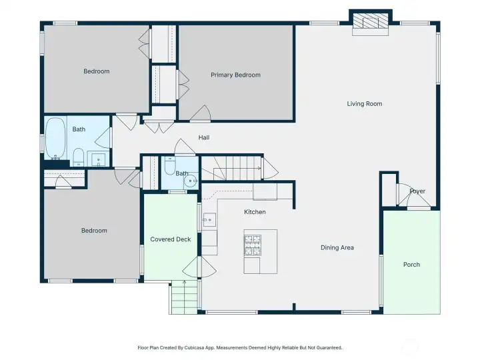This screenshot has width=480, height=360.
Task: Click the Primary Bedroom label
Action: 235,75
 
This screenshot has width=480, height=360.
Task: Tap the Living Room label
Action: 364,104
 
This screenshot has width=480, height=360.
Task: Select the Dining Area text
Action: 337,247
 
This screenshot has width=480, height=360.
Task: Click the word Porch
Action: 411,265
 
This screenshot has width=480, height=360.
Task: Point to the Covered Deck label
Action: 171,239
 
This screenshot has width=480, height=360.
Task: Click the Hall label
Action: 204,137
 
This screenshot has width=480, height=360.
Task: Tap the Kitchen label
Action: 255,212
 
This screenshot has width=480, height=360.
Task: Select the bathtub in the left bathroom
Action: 55,139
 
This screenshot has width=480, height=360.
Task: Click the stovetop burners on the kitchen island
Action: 253,245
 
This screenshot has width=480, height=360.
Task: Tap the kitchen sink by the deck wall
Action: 209,220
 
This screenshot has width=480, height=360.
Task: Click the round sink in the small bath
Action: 191,181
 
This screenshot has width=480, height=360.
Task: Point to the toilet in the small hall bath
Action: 170,165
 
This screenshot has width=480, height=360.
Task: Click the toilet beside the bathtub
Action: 79,157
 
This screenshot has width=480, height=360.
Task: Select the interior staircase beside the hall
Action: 231,168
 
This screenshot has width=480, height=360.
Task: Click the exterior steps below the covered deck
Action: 184,297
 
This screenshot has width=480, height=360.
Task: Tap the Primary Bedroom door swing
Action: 201,113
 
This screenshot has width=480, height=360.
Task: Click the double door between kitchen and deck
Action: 199,267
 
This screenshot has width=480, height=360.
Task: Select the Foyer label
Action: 417,191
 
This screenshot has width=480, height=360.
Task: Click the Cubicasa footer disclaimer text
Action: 240,348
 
